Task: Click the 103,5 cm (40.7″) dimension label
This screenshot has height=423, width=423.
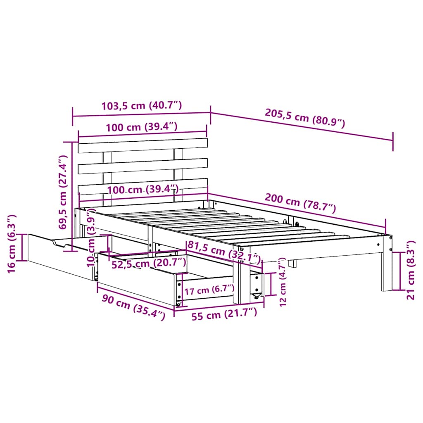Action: point(141,106)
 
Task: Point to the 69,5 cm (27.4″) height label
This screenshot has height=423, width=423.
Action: point(63,192)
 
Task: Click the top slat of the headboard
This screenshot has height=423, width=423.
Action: point(143,145)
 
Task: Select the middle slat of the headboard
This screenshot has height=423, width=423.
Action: point(143,166)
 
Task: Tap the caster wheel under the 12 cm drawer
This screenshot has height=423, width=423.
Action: point(256,296)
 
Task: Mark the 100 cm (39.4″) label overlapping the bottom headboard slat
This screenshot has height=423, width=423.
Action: point(143,190)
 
